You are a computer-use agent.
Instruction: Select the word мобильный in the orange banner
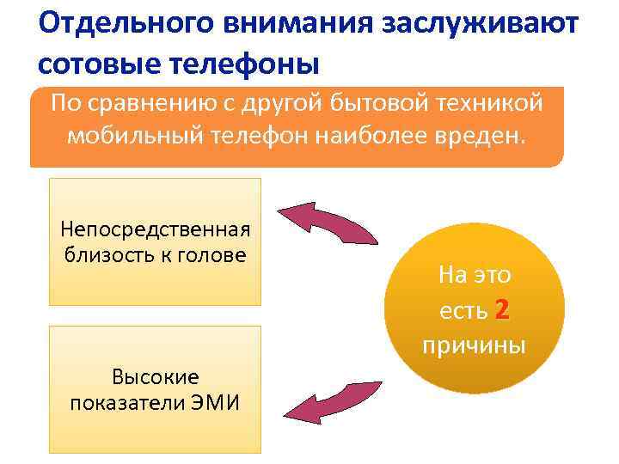click(132, 137)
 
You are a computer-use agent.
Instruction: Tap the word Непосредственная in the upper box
click(155, 229)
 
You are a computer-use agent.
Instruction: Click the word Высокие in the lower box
click(155, 376)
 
